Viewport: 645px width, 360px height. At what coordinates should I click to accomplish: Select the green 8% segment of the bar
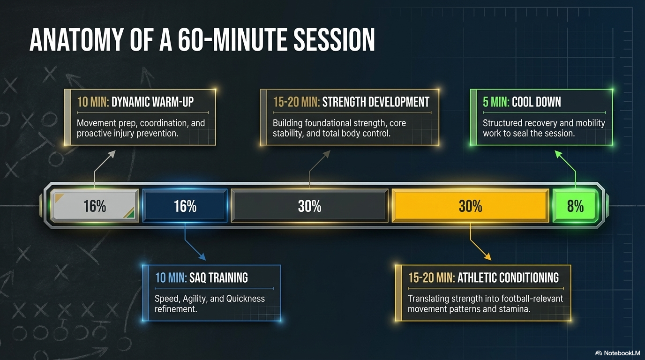575,206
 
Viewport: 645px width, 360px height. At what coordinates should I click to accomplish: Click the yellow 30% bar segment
470,206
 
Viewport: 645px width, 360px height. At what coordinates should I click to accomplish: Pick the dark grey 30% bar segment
309,206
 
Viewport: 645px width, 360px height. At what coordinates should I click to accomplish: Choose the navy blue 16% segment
185,206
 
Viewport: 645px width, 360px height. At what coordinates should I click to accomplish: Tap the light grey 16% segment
95,206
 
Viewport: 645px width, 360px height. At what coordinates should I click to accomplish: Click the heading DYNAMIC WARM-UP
152,102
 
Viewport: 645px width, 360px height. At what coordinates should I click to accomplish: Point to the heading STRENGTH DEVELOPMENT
375,102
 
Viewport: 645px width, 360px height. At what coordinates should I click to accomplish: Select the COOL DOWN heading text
536,102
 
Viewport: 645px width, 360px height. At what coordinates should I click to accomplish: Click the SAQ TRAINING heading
218,277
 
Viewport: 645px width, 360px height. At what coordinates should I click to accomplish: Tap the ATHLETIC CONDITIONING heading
508,277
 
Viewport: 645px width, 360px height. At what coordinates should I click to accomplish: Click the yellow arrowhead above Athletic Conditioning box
487,256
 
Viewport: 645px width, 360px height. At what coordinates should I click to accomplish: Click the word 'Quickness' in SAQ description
245,299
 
